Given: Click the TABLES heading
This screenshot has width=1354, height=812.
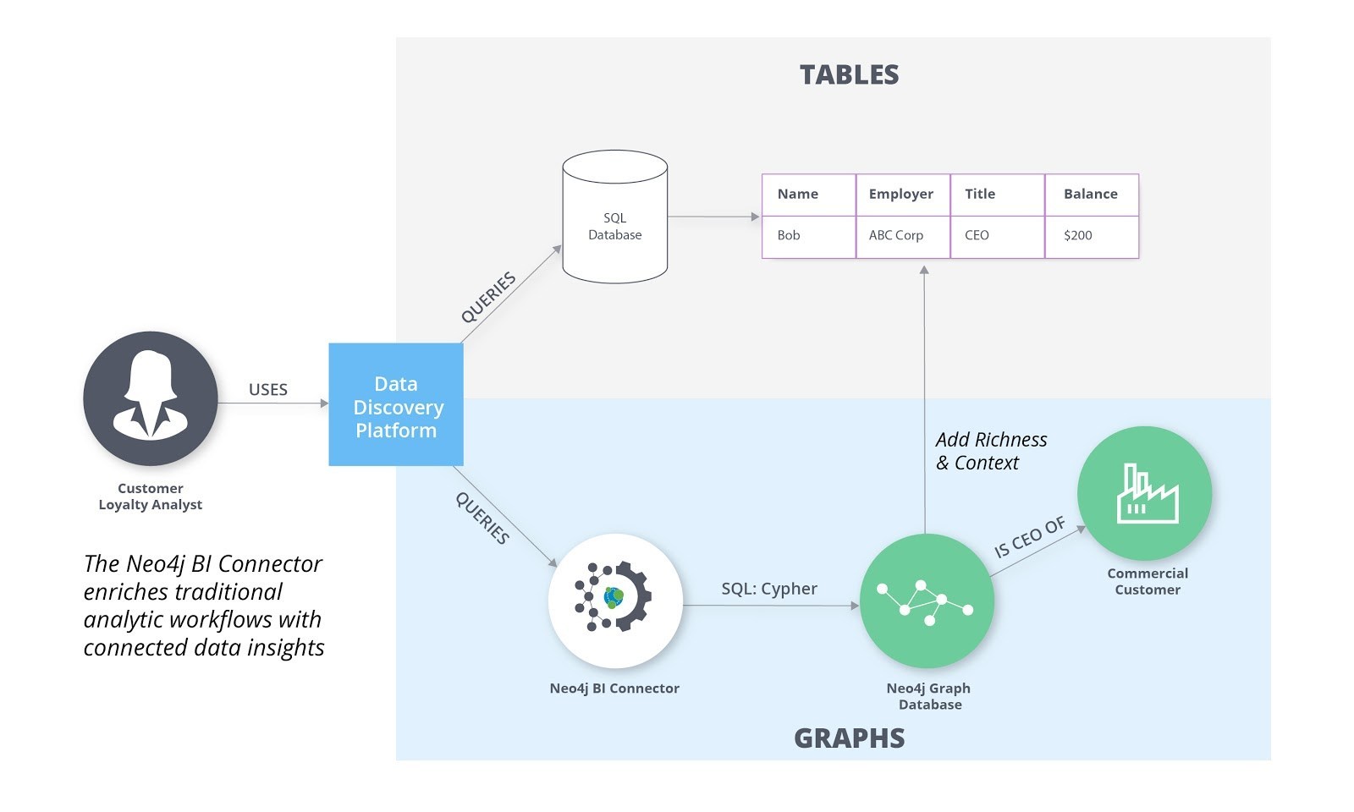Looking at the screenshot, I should (x=849, y=74).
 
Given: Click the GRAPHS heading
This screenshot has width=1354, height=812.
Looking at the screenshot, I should (x=849, y=738).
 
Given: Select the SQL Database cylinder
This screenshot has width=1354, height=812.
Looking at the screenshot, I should (x=615, y=218).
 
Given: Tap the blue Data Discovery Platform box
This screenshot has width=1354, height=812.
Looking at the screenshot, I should (x=396, y=405).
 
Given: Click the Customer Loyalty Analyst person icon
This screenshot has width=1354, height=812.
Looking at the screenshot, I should (x=151, y=398).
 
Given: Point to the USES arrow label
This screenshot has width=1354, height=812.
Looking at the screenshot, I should (x=268, y=390).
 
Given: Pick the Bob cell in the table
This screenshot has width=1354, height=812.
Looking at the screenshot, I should (x=789, y=235).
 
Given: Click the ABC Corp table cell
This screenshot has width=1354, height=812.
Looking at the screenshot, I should (x=896, y=235).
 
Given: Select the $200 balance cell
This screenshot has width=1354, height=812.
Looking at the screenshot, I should (x=1078, y=235).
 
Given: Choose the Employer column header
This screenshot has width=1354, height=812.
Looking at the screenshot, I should (x=901, y=194).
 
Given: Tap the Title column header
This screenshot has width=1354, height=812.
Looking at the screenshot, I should (x=980, y=194).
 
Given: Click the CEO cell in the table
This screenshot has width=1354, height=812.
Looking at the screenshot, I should (x=977, y=235).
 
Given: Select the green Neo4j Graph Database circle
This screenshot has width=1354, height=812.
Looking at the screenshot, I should (x=927, y=601).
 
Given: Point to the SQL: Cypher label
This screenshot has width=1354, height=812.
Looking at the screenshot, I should (x=769, y=589).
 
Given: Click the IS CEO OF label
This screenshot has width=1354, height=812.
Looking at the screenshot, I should (x=1029, y=538).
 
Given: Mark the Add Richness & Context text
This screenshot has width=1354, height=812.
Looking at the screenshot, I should (x=991, y=451).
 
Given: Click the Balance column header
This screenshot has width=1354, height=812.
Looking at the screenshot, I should (x=1091, y=194).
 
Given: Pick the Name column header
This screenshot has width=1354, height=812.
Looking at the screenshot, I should (x=798, y=194).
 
